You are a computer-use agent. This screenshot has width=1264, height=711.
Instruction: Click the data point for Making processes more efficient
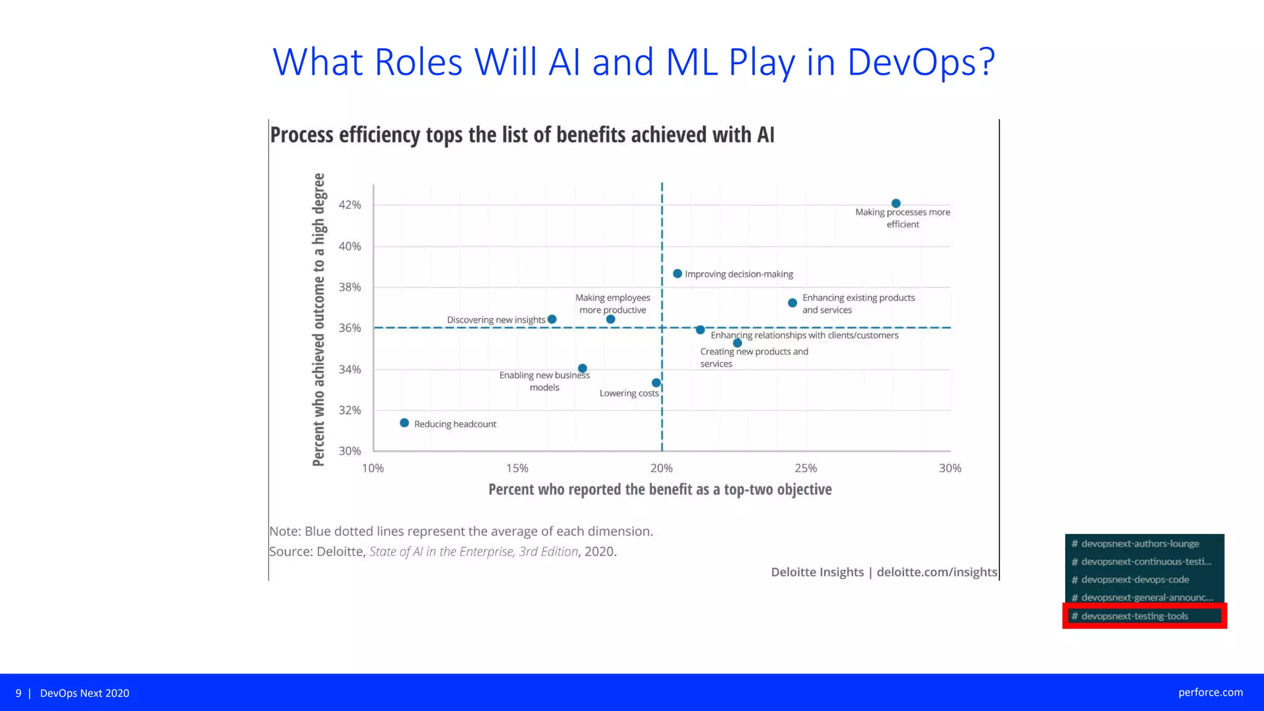896,203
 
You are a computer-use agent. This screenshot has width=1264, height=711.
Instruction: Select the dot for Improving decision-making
677,273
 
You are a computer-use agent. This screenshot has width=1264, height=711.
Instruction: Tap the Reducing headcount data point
404,423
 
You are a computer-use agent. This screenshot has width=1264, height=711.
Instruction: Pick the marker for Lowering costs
656,383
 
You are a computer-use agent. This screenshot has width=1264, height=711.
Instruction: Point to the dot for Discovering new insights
552,319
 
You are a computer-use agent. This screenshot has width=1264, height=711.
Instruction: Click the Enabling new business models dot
582,368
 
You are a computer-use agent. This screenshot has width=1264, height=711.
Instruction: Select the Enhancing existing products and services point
792,302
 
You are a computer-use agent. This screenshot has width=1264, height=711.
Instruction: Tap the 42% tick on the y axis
349,205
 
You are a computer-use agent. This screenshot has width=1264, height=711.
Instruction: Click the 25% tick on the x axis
805,468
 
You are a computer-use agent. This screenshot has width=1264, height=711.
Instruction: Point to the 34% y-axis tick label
349,370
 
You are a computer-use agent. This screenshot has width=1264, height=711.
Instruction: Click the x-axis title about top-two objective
660,489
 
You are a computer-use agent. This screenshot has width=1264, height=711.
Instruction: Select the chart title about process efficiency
522,135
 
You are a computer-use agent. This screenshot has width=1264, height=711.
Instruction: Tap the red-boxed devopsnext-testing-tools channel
1134,616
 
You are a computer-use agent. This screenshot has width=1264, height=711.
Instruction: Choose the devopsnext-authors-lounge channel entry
1139,544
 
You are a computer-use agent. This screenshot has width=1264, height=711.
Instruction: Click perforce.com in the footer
1210,692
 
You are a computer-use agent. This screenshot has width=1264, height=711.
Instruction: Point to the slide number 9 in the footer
19,693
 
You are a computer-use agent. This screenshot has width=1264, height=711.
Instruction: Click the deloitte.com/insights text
936,572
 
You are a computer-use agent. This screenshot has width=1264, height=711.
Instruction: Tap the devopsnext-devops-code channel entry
1134,580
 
